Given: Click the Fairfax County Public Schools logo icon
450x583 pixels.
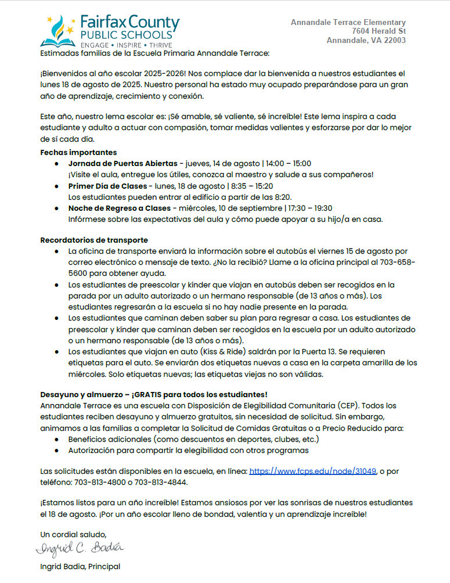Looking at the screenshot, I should tap(58, 30).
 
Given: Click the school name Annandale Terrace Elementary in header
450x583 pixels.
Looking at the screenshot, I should tap(348, 22).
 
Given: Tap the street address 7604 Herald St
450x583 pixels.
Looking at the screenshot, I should tap(379, 31).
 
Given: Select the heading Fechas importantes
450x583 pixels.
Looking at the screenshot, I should tap(70, 152).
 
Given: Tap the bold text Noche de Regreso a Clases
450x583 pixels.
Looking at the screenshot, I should tap(119, 208).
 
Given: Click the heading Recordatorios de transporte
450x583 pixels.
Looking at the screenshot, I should tap(94, 240).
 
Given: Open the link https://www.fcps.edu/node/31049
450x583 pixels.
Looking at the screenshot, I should tap(313, 472).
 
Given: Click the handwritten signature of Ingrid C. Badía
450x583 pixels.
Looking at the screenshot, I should tap(80, 548).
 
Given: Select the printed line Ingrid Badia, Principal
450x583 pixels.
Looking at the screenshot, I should tap(80, 566).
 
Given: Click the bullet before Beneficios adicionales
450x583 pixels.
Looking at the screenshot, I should tap(56, 439).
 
